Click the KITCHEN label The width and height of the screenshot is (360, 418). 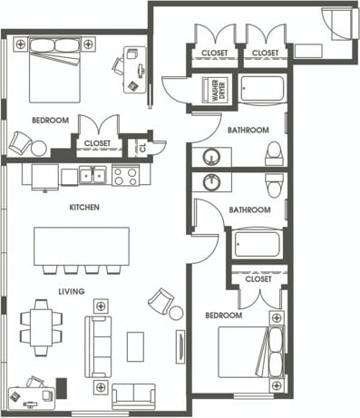[83, 208]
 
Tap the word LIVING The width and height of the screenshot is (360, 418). [71, 291]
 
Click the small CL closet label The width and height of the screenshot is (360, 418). [141, 146]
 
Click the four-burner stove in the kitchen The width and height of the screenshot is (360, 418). [125, 175]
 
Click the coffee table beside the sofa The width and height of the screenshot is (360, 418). [135, 345]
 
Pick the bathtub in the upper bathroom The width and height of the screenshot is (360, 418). [262, 90]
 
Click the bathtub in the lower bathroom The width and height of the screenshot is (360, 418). [258, 244]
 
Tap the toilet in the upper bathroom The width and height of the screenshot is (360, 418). [274, 154]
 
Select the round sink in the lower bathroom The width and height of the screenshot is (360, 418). [213, 182]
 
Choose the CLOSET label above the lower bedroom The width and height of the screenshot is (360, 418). [258, 279]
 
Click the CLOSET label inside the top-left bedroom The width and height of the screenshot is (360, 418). [98, 143]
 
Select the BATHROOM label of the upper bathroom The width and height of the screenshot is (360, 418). [248, 131]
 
